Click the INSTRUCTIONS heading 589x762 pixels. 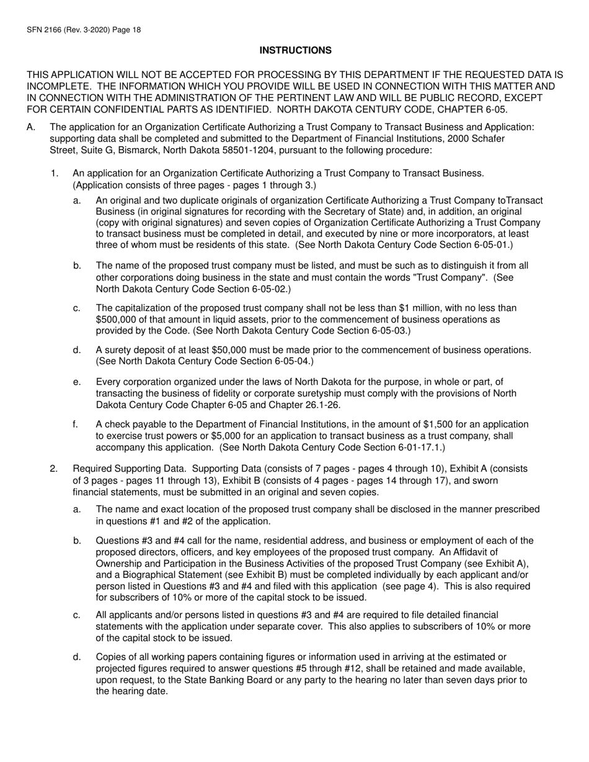tap(295, 50)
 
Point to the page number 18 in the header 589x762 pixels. tap(135, 29)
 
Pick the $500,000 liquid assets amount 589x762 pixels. tap(118, 319)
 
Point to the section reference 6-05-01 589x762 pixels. tap(489, 245)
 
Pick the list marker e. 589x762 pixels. tap(76, 382)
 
